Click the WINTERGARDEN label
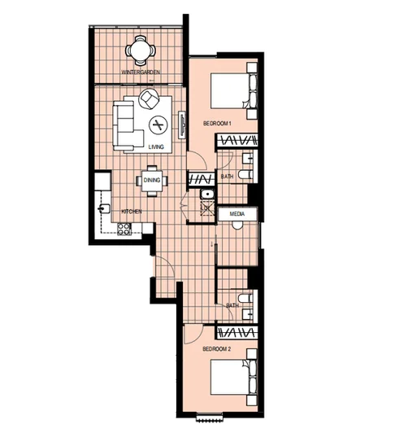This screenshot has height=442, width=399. point(139,73)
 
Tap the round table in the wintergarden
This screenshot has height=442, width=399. point(138,52)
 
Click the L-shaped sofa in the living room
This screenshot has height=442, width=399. point(125,125)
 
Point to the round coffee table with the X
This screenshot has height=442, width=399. point(158,125)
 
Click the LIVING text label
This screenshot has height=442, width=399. point(157,147)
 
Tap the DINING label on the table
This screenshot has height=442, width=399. point(151,181)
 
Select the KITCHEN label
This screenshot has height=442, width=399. point(132,212)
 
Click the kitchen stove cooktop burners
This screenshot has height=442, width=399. point(124,230)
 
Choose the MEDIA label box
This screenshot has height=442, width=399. point(238,214)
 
